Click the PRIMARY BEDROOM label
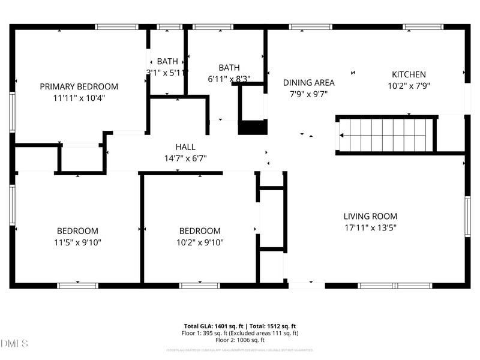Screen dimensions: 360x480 coord(79,86)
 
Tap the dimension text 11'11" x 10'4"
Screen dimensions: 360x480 coord(79,98)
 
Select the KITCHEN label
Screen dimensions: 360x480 coord(409,74)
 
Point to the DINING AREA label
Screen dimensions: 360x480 coord(308,83)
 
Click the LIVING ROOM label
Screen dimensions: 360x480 coord(370,217)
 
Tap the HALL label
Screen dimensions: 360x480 coord(185,147)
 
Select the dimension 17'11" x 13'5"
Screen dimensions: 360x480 coord(370,228)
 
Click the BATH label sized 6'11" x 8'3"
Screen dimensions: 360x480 coord(229,68)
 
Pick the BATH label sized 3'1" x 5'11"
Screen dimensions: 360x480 coord(167,61)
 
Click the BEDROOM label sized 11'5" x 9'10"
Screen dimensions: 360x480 coord(77,231)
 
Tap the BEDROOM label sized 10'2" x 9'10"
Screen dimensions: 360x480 coord(200,231)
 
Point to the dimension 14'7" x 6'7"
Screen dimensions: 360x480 coord(185,158)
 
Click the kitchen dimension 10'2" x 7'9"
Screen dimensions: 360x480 coord(409,86)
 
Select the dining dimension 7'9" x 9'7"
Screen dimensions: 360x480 coord(308,94)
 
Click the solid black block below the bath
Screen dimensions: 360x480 coord(253,128)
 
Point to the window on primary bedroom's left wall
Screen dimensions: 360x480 coord(12,112)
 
